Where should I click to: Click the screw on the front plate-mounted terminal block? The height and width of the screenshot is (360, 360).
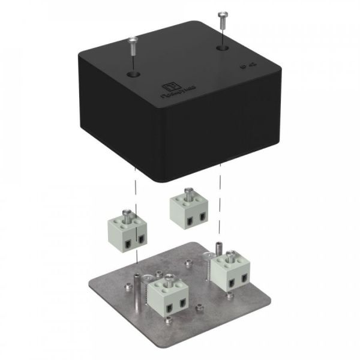coord(170,278)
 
